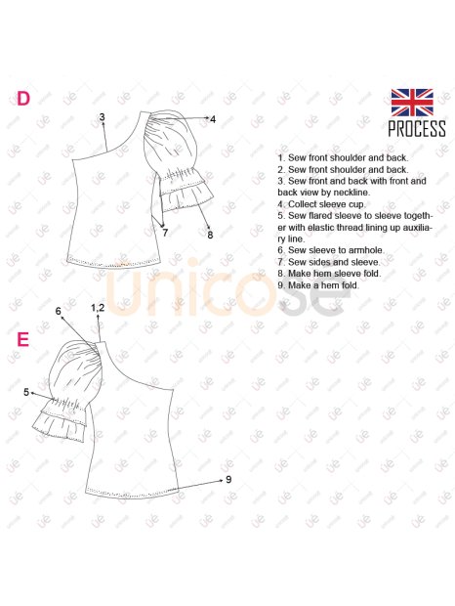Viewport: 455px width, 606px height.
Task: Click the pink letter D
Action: tap(23, 99)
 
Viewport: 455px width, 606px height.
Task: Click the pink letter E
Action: tap(23, 339)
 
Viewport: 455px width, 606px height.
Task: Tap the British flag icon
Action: tap(412, 103)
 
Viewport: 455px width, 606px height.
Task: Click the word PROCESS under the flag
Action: tap(417, 129)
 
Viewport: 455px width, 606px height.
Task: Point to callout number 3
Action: tap(102, 116)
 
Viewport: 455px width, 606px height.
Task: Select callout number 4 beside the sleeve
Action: tap(213, 119)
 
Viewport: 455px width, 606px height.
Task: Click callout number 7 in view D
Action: tap(165, 233)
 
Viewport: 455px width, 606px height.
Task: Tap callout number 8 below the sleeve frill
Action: tap(210, 235)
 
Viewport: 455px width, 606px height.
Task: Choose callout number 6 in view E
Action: tap(59, 311)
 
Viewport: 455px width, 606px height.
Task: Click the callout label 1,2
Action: tap(98, 308)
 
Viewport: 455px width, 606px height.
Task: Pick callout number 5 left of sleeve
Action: tap(26, 392)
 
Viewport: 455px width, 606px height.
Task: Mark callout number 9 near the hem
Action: tap(228, 479)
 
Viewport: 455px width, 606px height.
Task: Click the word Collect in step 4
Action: tap(303, 204)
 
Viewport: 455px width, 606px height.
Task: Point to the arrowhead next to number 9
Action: tap(221, 480)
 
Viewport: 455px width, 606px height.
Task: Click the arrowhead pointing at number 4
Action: tap(207, 118)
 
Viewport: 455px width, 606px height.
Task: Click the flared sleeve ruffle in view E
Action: tap(59, 420)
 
